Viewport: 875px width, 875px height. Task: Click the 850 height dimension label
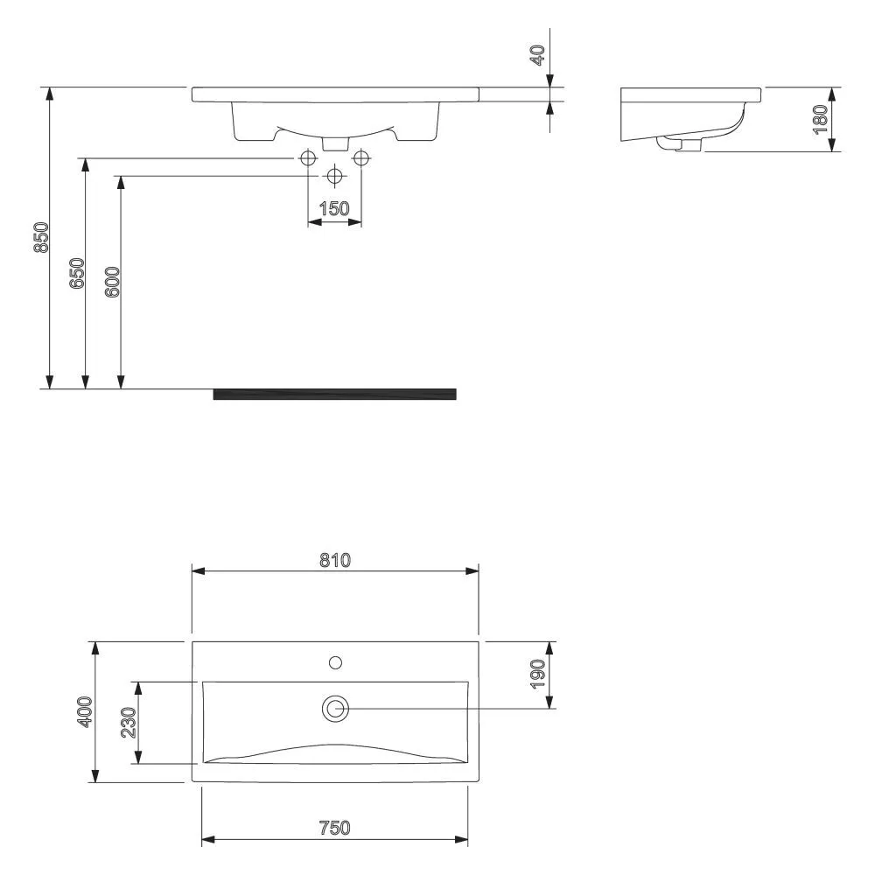coord(42,238)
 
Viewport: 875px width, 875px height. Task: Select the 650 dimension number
coord(77,273)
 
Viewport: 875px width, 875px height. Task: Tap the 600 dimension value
coord(112,282)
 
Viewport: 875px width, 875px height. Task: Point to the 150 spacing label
coord(334,209)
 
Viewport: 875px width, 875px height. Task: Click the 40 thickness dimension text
coord(537,55)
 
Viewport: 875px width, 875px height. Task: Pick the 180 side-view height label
coord(820,119)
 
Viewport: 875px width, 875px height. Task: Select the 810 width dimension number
coord(335,560)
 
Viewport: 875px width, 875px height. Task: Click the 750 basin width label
coord(335,828)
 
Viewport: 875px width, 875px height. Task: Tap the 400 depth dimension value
coord(84,712)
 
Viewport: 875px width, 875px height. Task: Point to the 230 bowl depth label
coord(129,723)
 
